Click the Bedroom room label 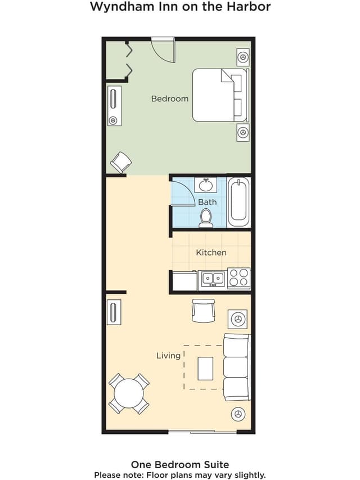(x=169, y=99)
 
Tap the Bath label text (x=207, y=202)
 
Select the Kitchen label (x=211, y=253)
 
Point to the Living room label (x=168, y=356)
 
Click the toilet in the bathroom (x=206, y=218)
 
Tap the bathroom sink (x=206, y=185)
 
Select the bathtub (x=238, y=203)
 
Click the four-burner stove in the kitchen (x=238, y=279)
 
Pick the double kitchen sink (x=213, y=279)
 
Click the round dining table (x=129, y=393)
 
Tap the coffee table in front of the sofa (x=205, y=368)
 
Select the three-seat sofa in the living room (x=237, y=367)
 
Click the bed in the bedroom (x=220, y=95)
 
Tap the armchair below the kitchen (x=204, y=311)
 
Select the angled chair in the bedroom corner (x=121, y=162)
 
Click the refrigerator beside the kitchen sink (x=185, y=280)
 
